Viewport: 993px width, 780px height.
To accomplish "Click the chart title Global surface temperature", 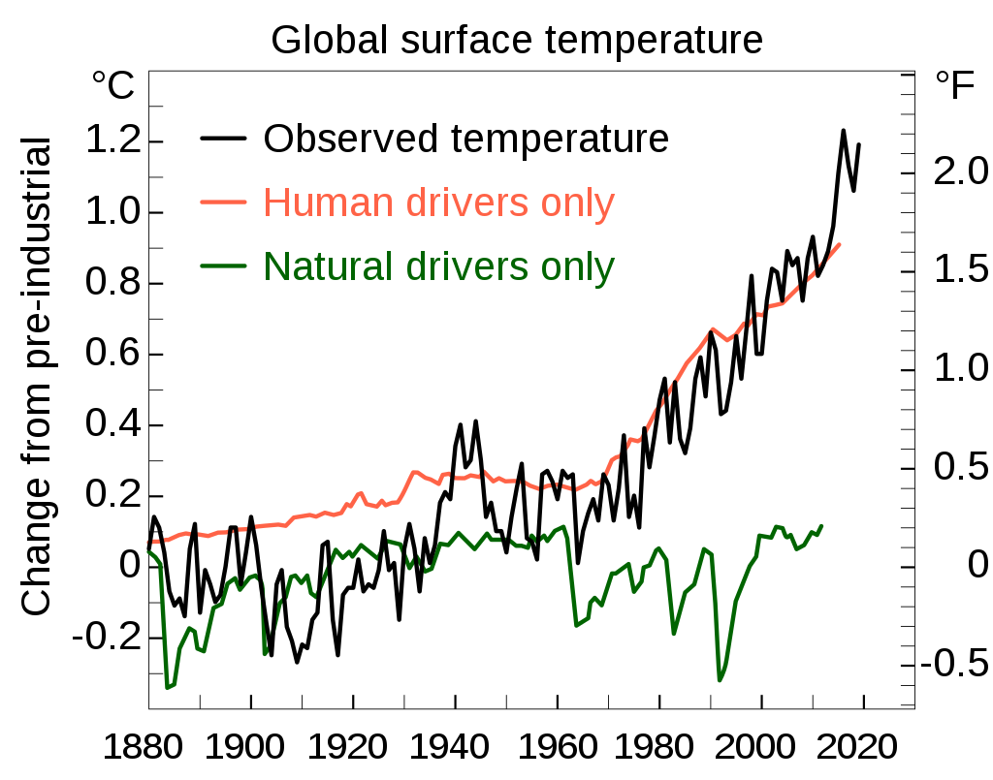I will click(516, 41).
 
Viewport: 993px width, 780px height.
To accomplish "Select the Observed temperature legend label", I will click(466, 139).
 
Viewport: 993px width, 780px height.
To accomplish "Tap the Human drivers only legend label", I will click(439, 203).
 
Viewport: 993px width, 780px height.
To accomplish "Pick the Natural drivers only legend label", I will click(439, 265).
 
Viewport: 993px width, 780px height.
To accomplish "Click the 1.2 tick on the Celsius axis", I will click(112, 141).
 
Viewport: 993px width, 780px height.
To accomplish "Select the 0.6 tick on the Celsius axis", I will click(112, 355).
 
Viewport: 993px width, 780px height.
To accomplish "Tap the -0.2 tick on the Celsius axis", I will click(105, 639).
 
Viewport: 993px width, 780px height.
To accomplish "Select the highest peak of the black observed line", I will click(844, 131).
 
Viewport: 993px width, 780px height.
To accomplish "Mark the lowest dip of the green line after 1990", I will click(720, 680).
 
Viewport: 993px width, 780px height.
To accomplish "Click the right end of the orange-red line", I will click(840, 244).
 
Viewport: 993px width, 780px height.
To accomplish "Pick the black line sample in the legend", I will click(222, 140).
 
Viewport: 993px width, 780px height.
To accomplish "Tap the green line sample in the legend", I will click(222, 266).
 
